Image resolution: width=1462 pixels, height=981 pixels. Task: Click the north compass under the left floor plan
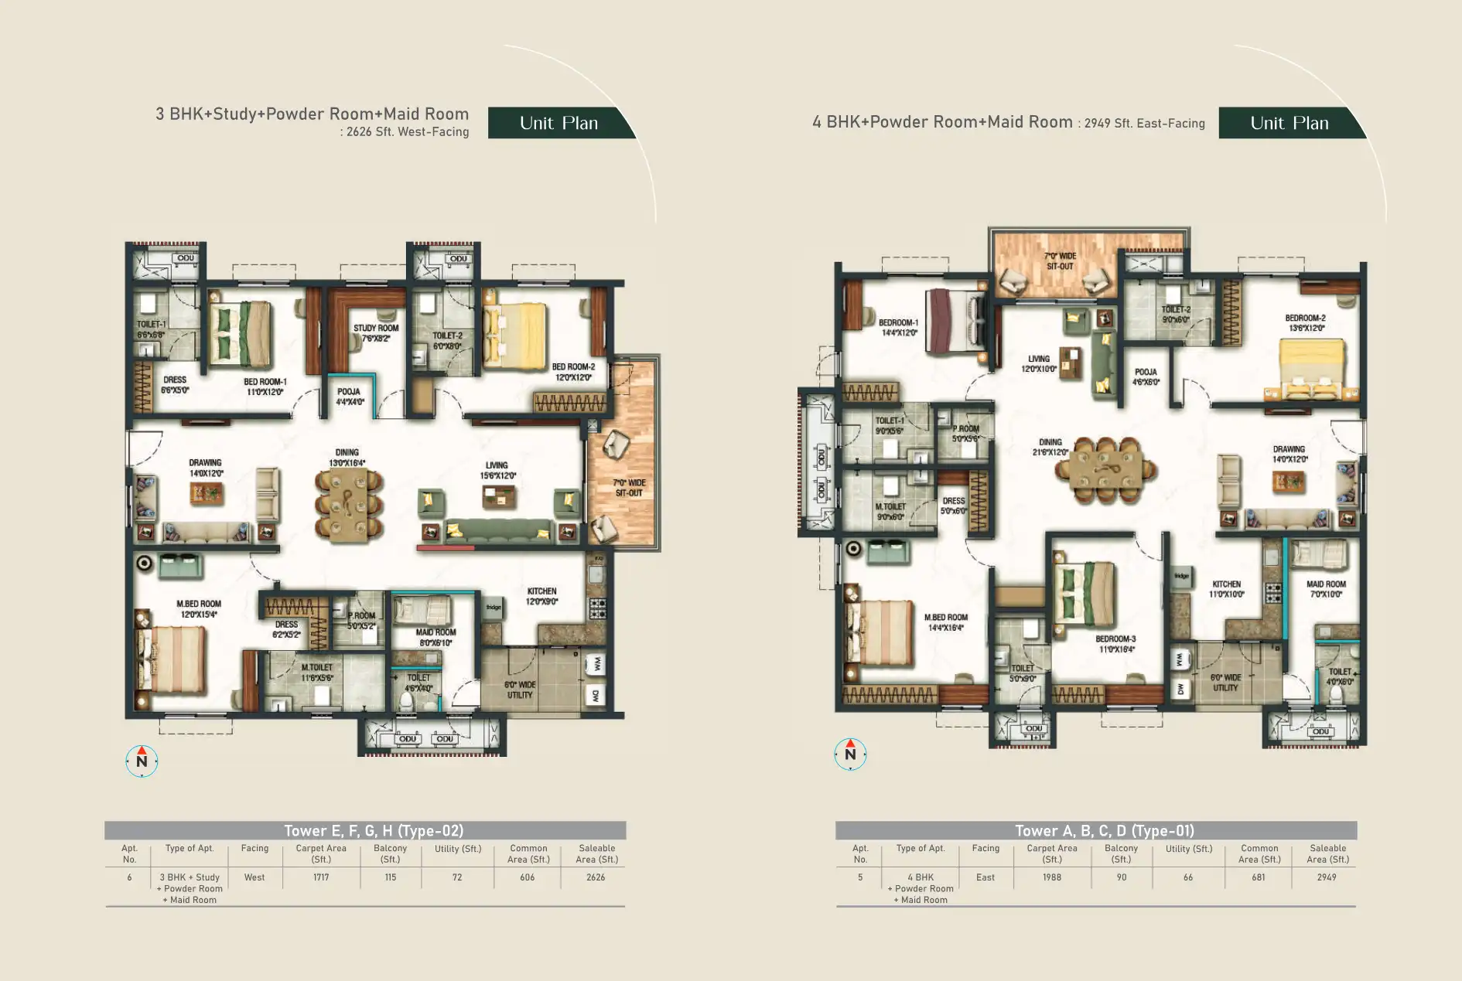click(142, 761)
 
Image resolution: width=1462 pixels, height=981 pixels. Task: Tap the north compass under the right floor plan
click(850, 754)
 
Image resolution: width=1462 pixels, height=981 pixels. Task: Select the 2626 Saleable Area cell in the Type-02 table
click(596, 877)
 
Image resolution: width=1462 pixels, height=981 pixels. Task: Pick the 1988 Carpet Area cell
click(1051, 877)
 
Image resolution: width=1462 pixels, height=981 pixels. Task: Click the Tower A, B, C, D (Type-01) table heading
click(1104, 831)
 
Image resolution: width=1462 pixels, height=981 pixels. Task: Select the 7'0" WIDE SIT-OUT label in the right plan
click(1060, 261)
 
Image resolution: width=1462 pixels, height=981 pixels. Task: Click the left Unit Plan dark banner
click(558, 124)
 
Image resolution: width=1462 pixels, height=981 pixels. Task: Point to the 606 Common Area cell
click(528, 877)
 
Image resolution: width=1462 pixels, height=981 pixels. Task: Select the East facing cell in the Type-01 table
click(985, 877)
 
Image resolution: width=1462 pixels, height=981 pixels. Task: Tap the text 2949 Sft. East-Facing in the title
click(1144, 124)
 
